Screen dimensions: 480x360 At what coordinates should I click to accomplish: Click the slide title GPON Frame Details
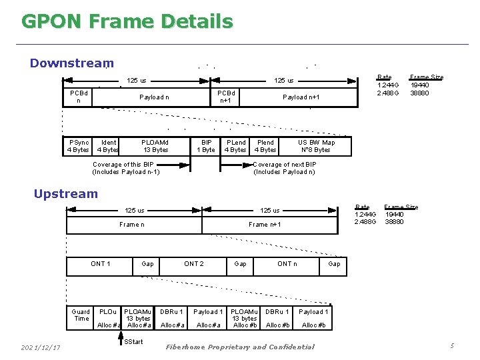pos(127,21)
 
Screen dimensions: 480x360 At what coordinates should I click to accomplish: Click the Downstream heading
pos(72,63)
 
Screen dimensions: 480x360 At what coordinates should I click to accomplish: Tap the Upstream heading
pos(66,194)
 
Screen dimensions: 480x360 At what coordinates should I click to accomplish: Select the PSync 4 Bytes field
pos(79,146)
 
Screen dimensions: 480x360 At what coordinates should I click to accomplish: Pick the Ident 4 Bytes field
pos(108,146)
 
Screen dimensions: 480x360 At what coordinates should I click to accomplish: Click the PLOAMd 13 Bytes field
pos(155,146)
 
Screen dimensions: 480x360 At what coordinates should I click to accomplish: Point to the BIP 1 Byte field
pos(207,146)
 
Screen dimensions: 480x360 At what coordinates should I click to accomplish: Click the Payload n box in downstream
pos(154,97)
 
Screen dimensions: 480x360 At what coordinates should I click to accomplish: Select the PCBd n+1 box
pos(226,97)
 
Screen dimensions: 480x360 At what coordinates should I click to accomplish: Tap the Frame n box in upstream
pos(132,225)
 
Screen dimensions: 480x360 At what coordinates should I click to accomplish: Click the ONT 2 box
pos(194,264)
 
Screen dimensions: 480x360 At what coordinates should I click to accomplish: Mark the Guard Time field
pos(81,315)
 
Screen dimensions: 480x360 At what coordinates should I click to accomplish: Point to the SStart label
pos(133,342)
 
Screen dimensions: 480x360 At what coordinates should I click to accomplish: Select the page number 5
pos(452,345)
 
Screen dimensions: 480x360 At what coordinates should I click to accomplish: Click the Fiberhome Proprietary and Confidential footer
pos(239,347)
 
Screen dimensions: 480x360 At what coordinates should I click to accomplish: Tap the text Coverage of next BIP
pos(285,165)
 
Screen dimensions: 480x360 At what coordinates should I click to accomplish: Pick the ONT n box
pos(287,264)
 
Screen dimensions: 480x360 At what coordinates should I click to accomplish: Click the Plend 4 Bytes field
pos(265,146)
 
